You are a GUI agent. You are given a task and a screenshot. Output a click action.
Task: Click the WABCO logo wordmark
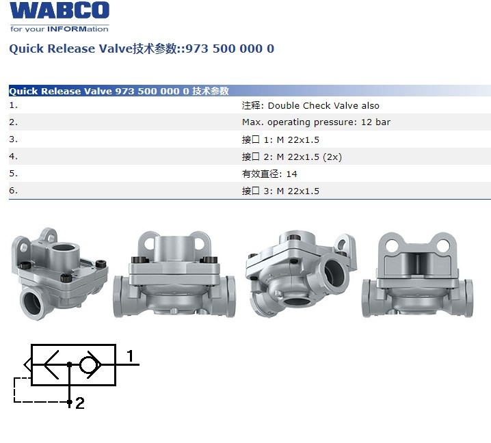(59, 10)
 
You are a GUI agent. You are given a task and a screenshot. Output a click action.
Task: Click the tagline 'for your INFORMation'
(59, 29)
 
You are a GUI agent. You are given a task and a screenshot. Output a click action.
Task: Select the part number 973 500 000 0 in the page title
(230, 49)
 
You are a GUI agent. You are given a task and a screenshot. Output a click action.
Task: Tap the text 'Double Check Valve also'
(323, 106)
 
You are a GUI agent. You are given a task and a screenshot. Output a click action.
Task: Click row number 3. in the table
(13, 139)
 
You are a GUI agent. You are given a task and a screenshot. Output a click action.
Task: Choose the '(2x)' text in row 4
(332, 157)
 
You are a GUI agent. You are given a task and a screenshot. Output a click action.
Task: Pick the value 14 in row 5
(291, 174)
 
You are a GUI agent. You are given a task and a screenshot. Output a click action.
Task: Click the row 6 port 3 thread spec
(297, 191)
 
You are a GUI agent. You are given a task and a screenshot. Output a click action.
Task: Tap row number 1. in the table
(13, 105)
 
